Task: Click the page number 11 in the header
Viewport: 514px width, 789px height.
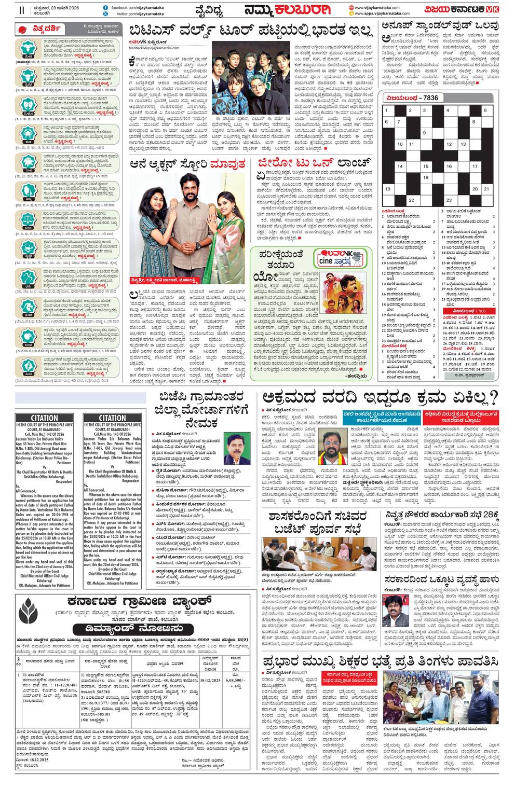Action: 21,10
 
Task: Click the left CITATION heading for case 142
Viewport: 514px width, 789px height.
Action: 45,418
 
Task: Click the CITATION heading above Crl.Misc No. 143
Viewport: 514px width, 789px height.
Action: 112,418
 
